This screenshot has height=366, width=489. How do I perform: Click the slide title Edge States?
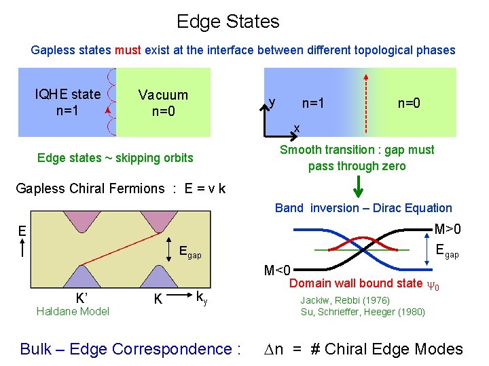[228, 21]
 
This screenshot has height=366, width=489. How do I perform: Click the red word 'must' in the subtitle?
[127, 50]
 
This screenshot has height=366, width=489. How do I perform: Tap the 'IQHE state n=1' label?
[67, 101]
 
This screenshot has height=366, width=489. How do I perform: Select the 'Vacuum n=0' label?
[163, 102]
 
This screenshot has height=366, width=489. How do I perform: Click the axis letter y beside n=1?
[272, 102]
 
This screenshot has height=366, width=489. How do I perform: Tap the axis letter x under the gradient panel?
[297, 127]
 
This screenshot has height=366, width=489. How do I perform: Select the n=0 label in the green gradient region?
[409, 103]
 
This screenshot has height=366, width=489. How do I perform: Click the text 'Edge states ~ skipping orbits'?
[115, 158]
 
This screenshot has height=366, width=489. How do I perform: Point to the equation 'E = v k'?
[205, 188]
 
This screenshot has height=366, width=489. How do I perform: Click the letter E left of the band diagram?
[22, 230]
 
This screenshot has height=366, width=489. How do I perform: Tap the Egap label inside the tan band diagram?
[189, 253]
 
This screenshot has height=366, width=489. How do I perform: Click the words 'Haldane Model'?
[72, 311]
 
